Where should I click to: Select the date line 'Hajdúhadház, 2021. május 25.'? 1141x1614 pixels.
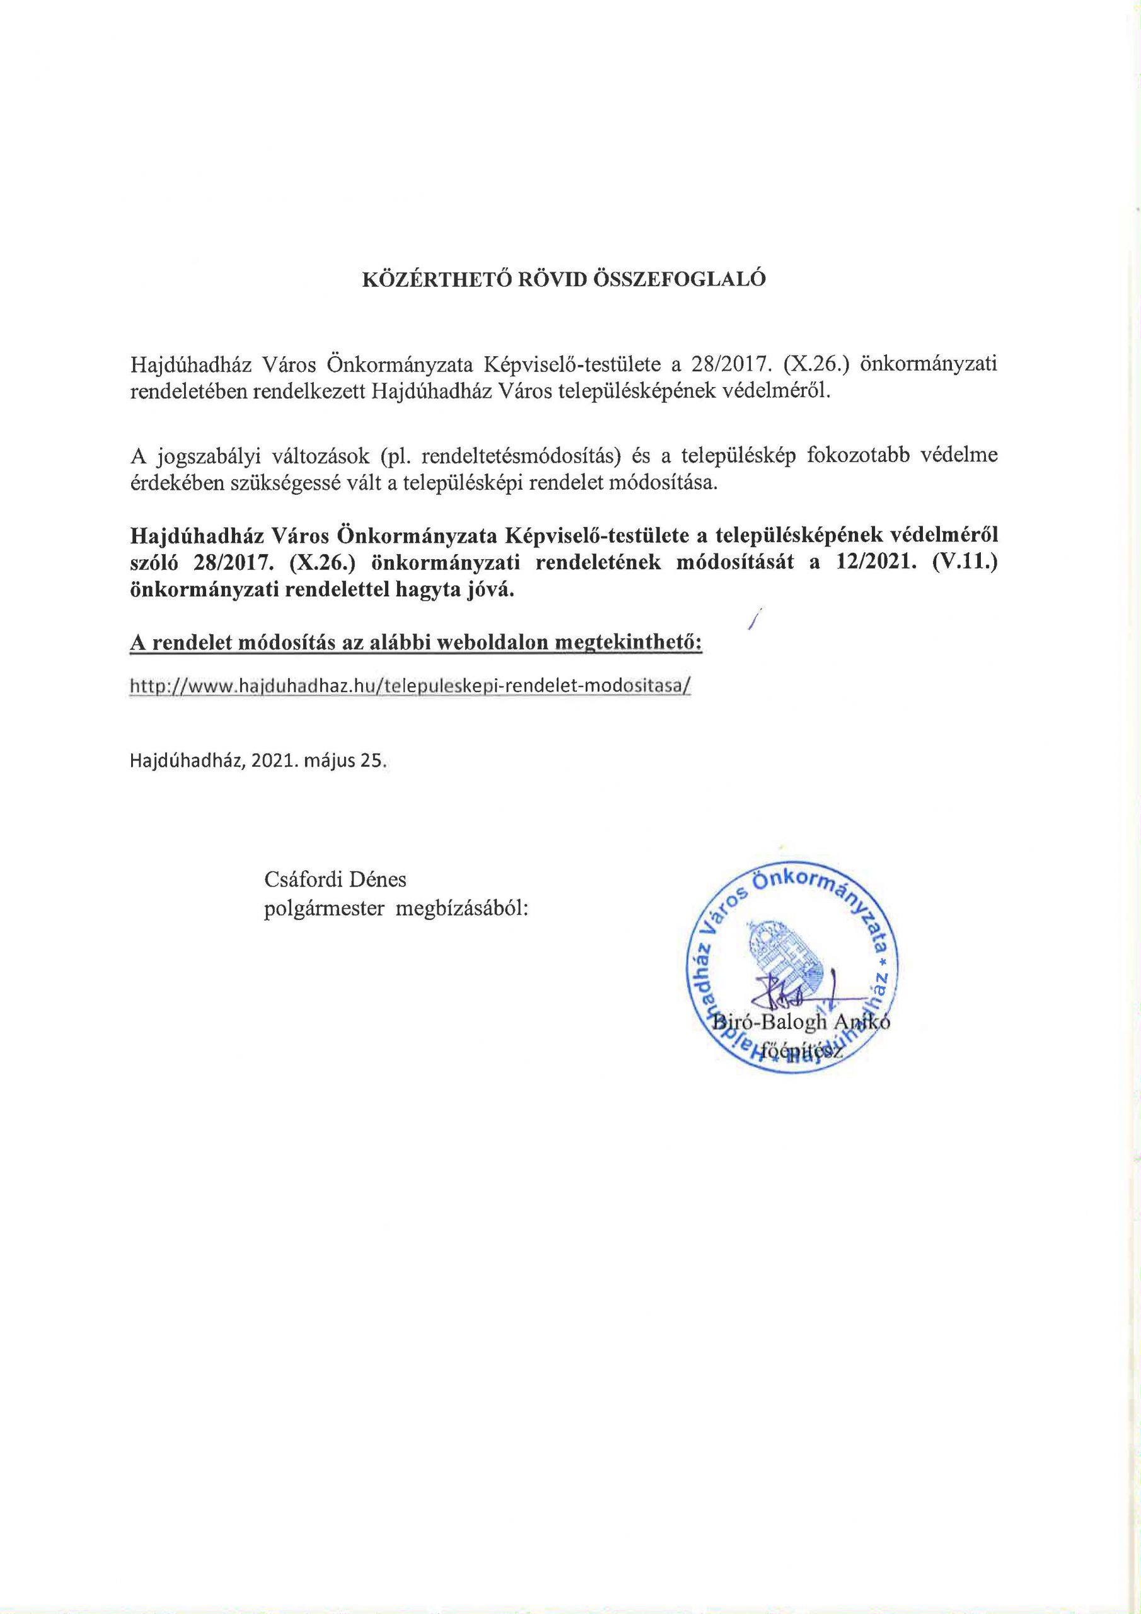tap(258, 762)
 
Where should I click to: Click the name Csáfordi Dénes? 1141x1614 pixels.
tap(335, 880)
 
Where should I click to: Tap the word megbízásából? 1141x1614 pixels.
tap(462, 909)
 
